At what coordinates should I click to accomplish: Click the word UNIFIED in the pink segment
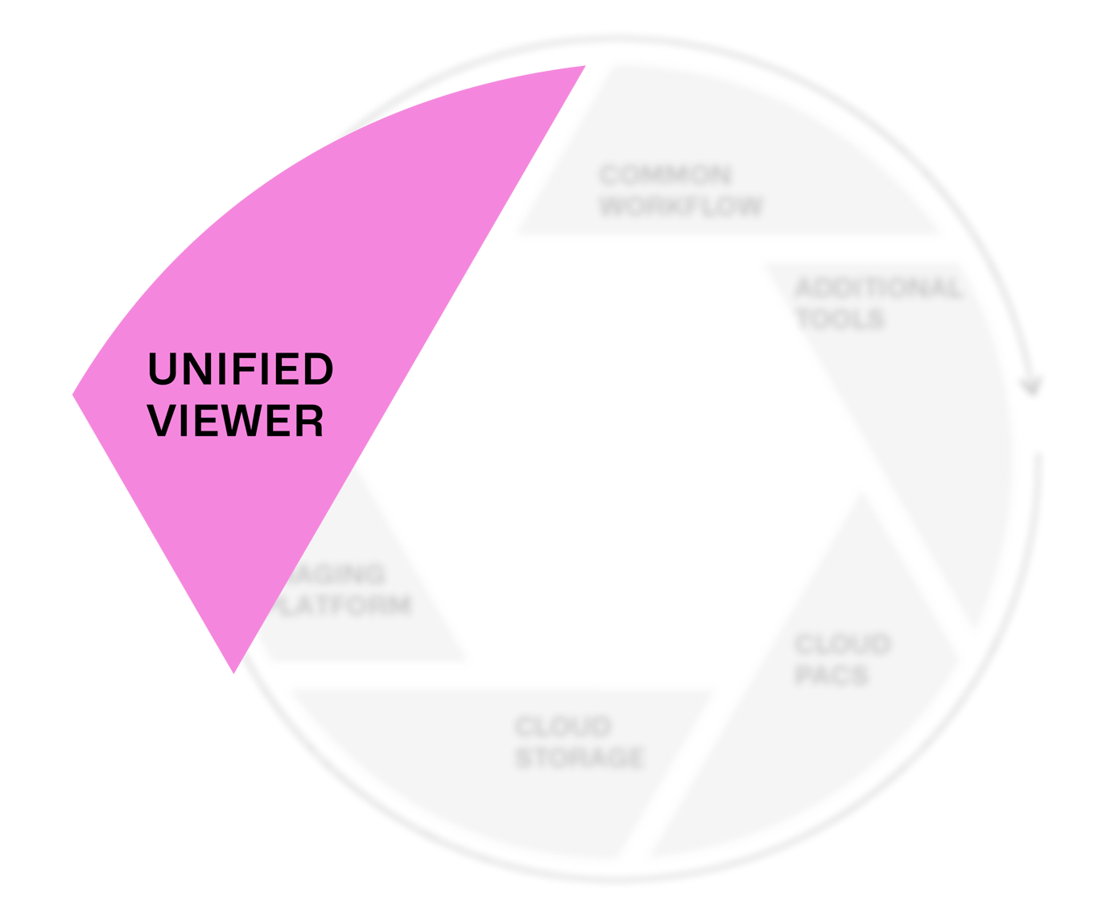[240, 369]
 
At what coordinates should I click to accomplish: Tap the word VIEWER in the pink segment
[237, 421]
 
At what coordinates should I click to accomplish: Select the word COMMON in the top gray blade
[665, 175]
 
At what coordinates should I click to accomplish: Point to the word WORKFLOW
[681, 205]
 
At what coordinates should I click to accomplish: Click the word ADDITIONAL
[878, 288]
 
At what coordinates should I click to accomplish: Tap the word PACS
[832, 674]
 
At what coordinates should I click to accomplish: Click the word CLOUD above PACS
[842, 645]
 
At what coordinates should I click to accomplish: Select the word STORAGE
[580, 757]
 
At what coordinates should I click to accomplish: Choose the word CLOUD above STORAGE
[563, 727]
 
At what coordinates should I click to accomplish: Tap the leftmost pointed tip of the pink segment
[75, 394]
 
